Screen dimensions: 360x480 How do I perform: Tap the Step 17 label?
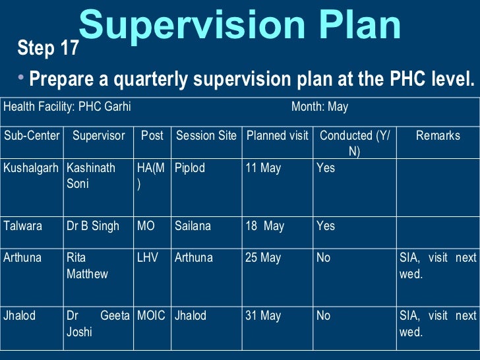48,49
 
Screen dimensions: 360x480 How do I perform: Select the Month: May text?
320,107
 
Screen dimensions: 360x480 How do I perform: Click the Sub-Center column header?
32,136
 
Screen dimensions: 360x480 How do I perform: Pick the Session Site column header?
206,136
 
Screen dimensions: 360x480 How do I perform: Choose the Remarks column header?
438,136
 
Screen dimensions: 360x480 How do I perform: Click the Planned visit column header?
277,136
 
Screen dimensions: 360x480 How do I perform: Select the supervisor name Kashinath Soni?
90,176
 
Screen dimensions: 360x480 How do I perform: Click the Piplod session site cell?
190,168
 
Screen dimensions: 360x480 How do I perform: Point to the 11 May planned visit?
263,168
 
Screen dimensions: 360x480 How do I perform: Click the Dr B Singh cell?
93,226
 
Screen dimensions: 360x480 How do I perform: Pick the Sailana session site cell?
193,226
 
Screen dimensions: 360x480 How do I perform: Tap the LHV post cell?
148,258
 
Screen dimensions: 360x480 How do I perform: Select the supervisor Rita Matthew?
87,266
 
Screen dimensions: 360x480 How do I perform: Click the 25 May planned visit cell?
263,258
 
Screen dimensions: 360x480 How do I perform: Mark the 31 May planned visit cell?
263,316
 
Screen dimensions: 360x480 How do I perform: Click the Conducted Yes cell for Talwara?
326,226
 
